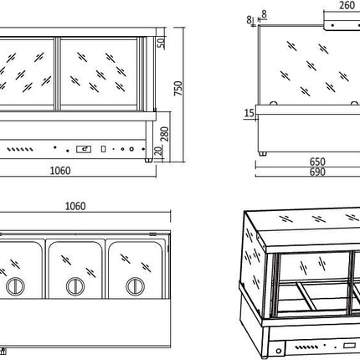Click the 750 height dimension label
click(178, 89)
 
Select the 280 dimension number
click(165, 134)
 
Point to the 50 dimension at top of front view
click(161, 43)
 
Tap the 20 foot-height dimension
click(159, 151)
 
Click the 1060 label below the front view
click(60, 171)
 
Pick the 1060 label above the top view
click(75, 206)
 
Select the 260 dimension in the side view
click(347, 5)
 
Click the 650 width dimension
click(317, 162)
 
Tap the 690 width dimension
click(317, 172)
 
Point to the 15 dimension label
click(249, 113)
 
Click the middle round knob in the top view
click(75, 286)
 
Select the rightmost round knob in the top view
click(136, 286)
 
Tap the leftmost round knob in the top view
click(15, 286)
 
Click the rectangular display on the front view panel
click(84, 149)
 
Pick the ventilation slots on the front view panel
click(20, 150)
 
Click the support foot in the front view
click(149, 160)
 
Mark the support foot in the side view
click(263, 153)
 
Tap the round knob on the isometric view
click(279, 351)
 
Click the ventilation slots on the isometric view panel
click(306, 347)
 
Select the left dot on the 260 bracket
click(332, 25)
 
